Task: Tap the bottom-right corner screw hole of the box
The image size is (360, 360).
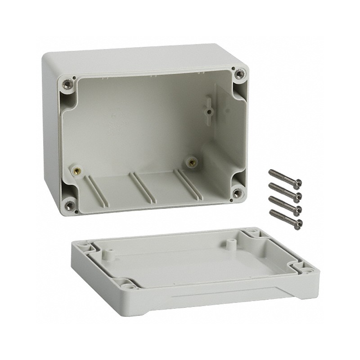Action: point(237,193)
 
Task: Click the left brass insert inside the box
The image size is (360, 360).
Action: point(76,171)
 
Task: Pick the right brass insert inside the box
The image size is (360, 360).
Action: point(192,161)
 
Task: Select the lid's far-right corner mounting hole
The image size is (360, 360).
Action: point(252,234)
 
